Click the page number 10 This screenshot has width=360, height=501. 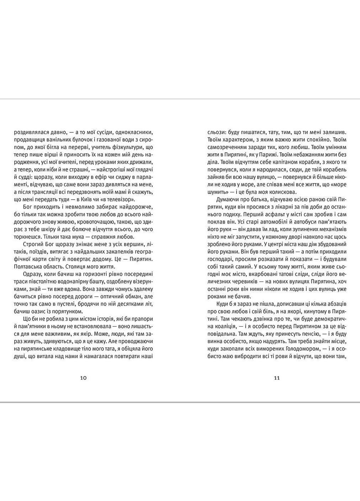click(x=83, y=378)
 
